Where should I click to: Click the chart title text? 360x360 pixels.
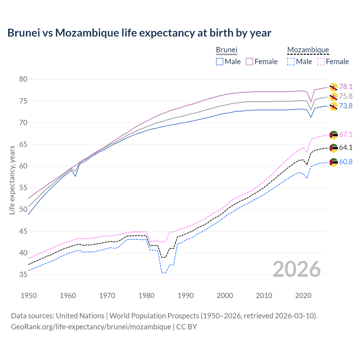click(x=139, y=33)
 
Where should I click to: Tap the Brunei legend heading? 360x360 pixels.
click(x=226, y=50)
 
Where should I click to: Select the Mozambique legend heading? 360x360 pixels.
click(x=308, y=50)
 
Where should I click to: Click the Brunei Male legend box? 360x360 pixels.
click(x=220, y=62)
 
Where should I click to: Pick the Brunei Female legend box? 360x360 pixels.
click(x=249, y=62)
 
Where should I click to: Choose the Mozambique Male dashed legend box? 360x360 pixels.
click(x=291, y=62)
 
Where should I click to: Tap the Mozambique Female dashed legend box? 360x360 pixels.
click(x=321, y=62)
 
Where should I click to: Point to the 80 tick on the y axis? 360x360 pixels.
click(x=23, y=79)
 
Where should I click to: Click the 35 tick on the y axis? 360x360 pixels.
click(x=23, y=274)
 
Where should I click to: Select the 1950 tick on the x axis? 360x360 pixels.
click(x=29, y=296)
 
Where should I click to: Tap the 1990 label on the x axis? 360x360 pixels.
click(x=186, y=296)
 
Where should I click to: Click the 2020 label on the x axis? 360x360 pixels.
click(x=303, y=296)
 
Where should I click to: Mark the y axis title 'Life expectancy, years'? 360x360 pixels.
click(x=12, y=180)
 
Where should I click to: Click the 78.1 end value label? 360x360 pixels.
click(x=346, y=87)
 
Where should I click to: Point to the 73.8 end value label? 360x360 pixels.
click(x=346, y=106)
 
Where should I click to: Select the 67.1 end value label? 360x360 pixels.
click(x=346, y=134)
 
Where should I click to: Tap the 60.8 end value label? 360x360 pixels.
click(x=346, y=162)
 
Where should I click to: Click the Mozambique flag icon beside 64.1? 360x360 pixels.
click(x=334, y=148)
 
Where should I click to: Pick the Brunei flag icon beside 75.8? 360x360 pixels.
click(x=334, y=97)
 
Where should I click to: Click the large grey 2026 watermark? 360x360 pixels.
click(x=297, y=269)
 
